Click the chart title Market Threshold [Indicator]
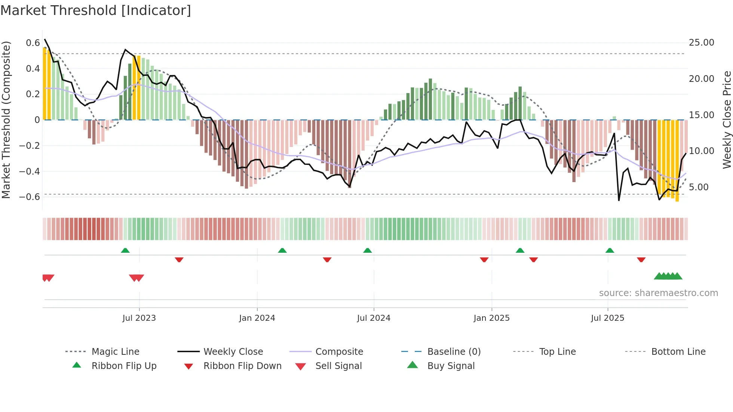click(x=96, y=10)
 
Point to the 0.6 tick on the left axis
click(x=33, y=43)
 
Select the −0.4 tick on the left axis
click(x=30, y=171)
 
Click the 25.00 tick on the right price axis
click(x=701, y=43)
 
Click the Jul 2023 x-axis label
click(x=139, y=318)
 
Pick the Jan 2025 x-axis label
click(x=491, y=318)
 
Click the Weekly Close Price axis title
click(x=727, y=120)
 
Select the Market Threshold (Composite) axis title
click(x=6, y=120)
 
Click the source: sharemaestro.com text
click(x=658, y=293)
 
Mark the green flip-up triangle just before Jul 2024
click(x=368, y=250)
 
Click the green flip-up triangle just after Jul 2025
click(x=610, y=250)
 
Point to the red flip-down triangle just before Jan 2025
click(x=484, y=259)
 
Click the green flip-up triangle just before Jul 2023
click(x=125, y=250)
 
